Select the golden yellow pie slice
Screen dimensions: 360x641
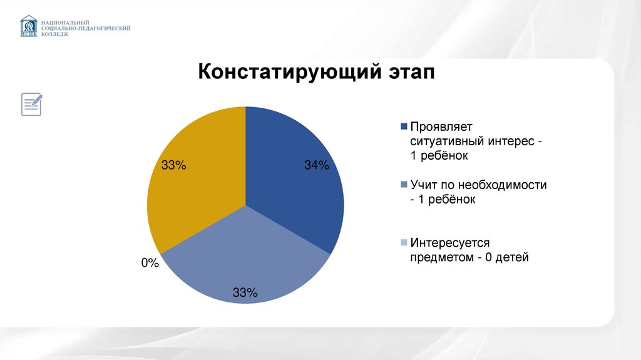pos(194,182)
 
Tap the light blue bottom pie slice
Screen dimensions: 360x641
pos(244,263)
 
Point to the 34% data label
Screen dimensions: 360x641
pos(317,165)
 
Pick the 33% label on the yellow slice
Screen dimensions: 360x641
pos(173,165)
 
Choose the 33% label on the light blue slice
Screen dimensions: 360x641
pos(245,292)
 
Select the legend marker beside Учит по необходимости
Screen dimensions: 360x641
pos(404,185)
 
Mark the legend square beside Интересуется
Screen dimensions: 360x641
pos(404,243)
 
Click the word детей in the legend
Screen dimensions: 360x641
pos(512,257)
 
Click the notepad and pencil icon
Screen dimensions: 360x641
pos(32,104)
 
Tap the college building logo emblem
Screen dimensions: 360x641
pos(29,27)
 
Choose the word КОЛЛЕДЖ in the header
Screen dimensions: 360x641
pos(54,35)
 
